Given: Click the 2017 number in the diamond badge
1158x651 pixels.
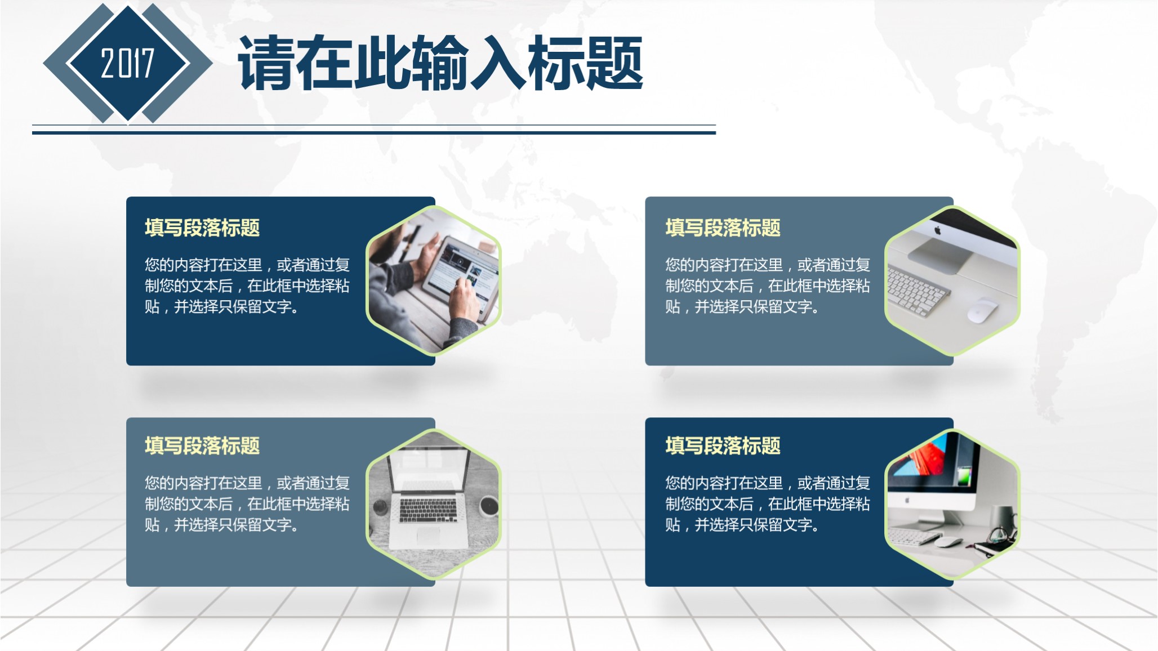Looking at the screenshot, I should (127, 63).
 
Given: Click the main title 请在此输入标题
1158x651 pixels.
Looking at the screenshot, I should (440, 63).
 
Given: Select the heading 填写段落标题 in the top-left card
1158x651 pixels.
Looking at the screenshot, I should (202, 228).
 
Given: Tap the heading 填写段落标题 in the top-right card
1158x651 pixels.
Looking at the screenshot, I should (723, 228).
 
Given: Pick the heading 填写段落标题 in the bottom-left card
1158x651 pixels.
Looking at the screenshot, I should (202, 445).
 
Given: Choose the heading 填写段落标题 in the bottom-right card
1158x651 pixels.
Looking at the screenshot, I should (723, 445).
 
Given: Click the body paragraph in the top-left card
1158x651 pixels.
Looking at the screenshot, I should (247, 286).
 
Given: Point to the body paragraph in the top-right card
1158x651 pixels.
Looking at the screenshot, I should (767, 286).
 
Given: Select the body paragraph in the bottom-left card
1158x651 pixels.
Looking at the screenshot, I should (247, 503).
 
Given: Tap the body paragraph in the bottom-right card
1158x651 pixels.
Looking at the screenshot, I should (767, 503).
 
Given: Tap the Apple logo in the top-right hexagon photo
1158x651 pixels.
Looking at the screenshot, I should (938, 230).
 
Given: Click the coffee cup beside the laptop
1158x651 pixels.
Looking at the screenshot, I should (488, 506).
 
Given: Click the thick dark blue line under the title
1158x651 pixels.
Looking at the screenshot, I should (373, 133).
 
